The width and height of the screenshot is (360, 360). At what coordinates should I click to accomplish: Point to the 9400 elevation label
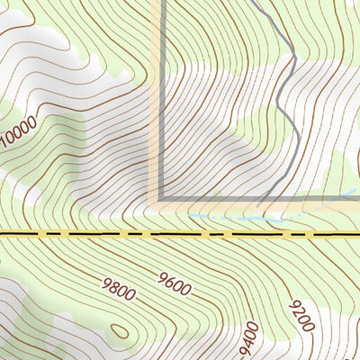(249, 339)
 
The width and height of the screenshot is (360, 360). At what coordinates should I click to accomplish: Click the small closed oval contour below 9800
(119, 330)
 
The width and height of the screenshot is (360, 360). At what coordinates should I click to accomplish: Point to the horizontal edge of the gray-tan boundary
(216, 198)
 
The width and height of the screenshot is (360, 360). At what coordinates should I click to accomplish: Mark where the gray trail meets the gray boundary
(262, 198)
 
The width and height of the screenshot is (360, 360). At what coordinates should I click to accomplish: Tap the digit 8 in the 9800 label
(114, 290)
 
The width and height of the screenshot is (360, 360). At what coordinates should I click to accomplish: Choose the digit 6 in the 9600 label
(168, 284)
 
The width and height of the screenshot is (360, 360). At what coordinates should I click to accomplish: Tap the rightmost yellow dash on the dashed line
(310, 233)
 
